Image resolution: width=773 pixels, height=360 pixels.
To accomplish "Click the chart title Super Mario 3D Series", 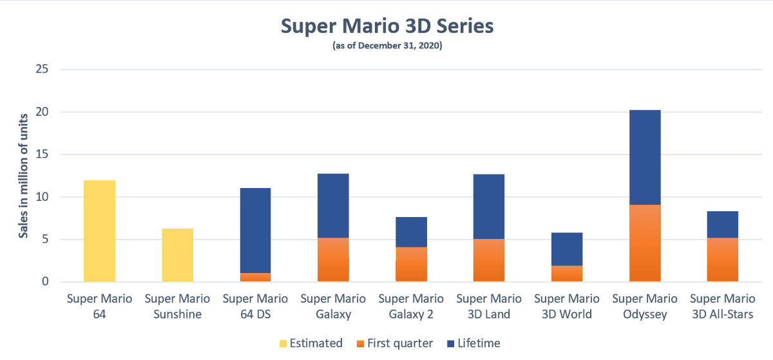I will pyautogui.click(x=386, y=26).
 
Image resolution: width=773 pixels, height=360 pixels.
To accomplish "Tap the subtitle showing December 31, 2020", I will pyautogui.click(x=386, y=46).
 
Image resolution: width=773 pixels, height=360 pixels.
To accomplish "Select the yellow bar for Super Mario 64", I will pyautogui.click(x=100, y=231).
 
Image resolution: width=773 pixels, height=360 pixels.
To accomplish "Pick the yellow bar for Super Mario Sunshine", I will pyautogui.click(x=177, y=255).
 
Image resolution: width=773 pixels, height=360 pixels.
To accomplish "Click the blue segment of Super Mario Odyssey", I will pyautogui.click(x=645, y=157).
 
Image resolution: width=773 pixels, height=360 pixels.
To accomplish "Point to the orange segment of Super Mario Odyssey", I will pyautogui.click(x=645, y=243).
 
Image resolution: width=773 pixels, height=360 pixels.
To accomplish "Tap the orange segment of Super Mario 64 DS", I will pyautogui.click(x=255, y=278).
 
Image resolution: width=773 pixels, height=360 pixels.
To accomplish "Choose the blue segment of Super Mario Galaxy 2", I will pyautogui.click(x=411, y=232).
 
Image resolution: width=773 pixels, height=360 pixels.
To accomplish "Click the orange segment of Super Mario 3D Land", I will pyautogui.click(x=489, y=260).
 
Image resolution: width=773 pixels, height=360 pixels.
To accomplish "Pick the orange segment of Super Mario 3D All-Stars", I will pyautogui.click(x=723, y=260).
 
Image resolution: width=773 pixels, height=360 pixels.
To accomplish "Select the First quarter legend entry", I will pyautogui.click(x=394, y=343).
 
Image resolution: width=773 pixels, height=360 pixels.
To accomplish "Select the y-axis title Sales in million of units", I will pyautogui.click(x=23, y=175).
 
